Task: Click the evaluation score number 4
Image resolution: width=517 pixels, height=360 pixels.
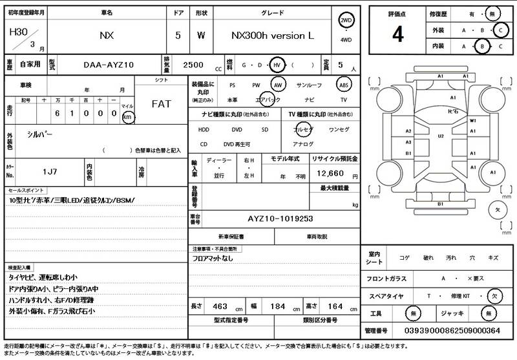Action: coord(397,36)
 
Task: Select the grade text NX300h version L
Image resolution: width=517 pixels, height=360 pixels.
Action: coord(272,36)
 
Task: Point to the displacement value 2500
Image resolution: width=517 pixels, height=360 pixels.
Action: coord(194,65)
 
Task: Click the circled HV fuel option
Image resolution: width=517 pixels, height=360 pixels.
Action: coord(277,65)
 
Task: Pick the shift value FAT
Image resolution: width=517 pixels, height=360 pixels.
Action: coord(161,103)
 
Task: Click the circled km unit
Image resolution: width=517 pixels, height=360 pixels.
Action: coord(127,117)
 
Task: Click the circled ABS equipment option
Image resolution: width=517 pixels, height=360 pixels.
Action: coord(344,85)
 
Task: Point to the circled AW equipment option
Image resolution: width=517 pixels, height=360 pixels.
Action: coord(278,85)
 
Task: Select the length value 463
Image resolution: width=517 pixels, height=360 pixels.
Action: coord(220,305)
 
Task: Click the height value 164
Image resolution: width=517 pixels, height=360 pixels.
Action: coord(335,305)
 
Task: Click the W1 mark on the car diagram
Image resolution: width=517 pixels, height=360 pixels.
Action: coord(472,121)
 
